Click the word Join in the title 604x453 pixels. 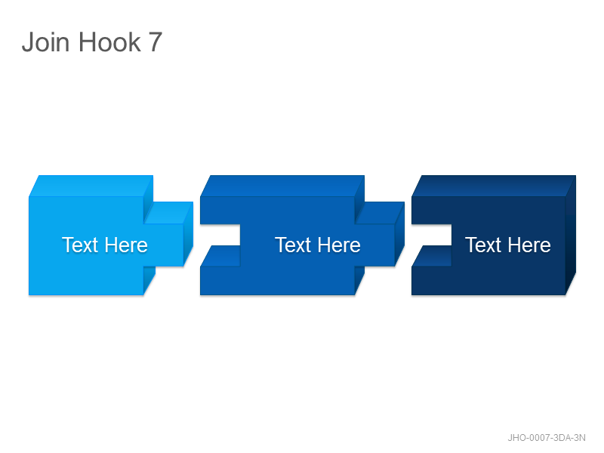tap(46, 42)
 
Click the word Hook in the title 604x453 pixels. tap(109, 42)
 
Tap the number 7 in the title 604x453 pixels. tap(155, 42)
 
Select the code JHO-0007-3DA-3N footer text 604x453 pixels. tap(546, 438)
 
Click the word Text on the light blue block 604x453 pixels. tap(80, 245)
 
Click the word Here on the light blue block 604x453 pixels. tap(126, 245)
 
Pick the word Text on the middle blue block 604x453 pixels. tap(293, 245)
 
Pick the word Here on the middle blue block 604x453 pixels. tap(339, 245)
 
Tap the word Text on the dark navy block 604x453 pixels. tap(483, 245)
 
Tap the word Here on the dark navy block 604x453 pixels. tap(529, 245)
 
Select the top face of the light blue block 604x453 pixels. tap(91, 186)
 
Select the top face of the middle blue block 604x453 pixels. tap(282, 186)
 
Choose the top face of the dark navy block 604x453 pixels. tap(494, 186)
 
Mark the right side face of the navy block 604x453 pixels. tap(571, 235)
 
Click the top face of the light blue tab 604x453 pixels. tap(168, 212)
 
